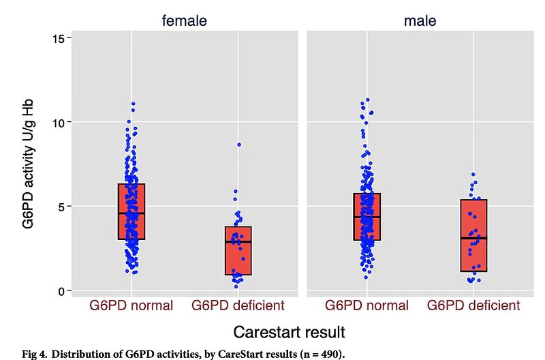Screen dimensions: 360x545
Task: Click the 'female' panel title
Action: pos(184,21)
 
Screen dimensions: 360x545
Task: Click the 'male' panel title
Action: pos(420,21)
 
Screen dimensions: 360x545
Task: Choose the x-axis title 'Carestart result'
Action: pos(289,332)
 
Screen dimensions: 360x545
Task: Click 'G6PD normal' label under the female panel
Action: pos(131,305)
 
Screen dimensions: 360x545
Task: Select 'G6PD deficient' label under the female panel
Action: pos(238,305)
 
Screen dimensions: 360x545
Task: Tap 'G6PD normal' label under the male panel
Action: pos(367,305)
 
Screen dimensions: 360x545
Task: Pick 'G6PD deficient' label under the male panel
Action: pos(473,305)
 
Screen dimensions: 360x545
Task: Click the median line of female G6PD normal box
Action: pos(131,213)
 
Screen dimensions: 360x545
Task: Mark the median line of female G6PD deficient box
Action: pos(238,242)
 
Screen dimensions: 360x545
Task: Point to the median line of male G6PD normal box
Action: pos(367,217)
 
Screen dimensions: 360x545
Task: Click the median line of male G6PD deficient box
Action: pos(473,238)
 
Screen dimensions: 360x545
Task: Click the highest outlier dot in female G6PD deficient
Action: pos(238,145)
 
